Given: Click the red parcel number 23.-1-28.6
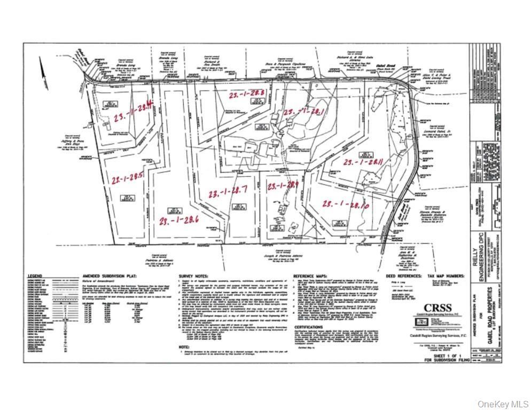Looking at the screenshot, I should (x=179, y=219).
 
